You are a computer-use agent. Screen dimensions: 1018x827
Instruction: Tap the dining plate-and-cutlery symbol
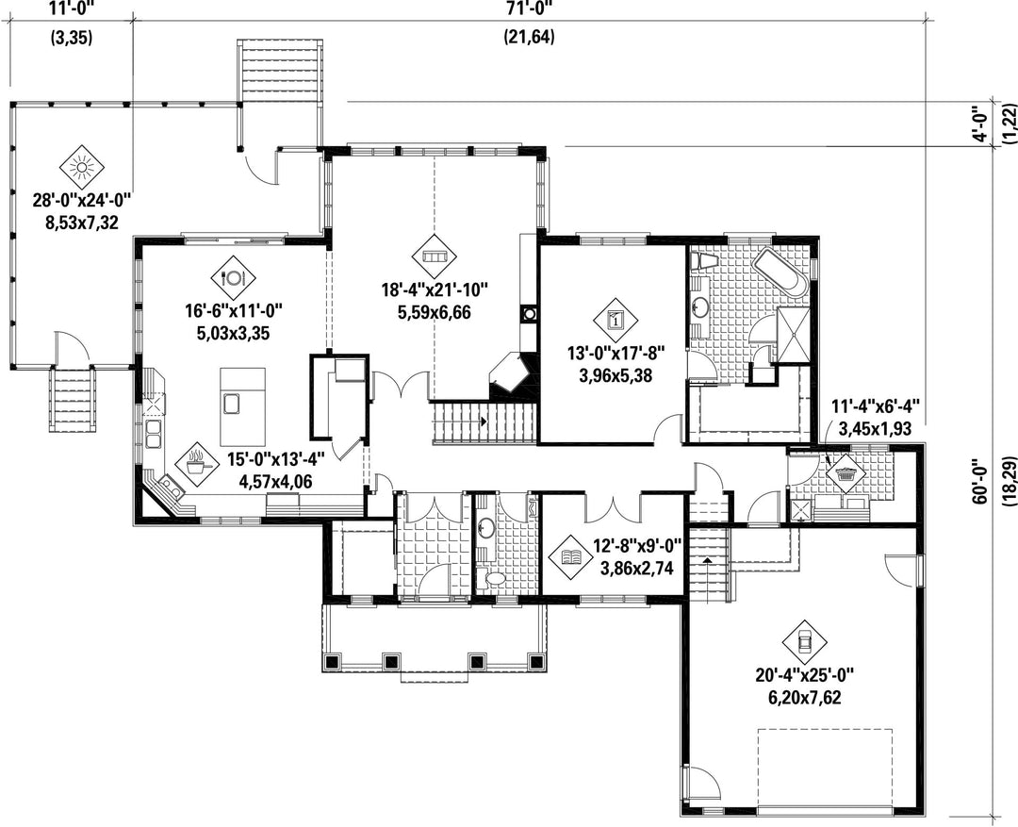[x=233, y=277]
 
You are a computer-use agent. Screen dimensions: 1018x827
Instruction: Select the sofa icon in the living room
[x=435, y=256]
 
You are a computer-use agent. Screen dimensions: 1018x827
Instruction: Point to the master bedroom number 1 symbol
[x=616, y=319]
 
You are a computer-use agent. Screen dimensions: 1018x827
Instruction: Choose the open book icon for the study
[x=570, y=556]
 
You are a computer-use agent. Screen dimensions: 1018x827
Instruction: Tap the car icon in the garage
[x=804, y=642]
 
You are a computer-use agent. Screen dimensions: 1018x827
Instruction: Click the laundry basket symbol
[x=846, y=471]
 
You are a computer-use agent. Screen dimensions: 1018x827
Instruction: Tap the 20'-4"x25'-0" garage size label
[x=804, y=676]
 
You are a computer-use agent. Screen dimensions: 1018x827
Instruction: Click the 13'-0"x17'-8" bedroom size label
[x=616, y=354]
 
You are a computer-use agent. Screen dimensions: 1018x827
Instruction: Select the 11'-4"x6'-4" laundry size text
[x=876, y=407]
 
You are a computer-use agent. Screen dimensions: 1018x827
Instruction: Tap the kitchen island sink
[x=232, y=404]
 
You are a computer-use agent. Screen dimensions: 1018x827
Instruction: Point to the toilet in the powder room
[x=493, y=577]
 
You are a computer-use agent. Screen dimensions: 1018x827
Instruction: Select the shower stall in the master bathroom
[x=794, y=333]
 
